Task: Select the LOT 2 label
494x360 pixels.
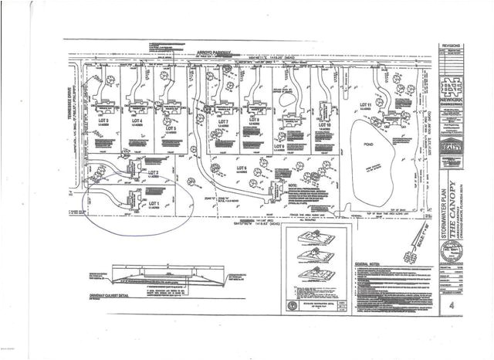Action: click(153, 172)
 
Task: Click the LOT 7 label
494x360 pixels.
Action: click(225, 122)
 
